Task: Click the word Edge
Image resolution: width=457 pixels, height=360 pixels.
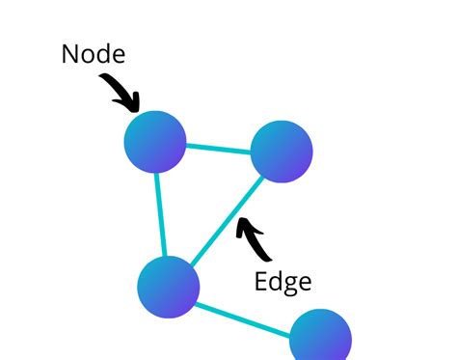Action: click(x=282, y=281)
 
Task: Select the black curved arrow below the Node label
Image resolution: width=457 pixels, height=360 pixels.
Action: click(x=120, y=91)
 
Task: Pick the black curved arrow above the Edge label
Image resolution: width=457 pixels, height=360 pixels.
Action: click(x=254, y=240)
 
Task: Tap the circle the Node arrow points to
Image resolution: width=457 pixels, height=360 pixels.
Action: click(x=155, y=142)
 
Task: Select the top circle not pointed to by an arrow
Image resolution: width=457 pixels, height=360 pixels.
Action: click(x=282, y=152)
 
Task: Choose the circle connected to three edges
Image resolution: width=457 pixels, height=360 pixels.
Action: click(x=169, y=287)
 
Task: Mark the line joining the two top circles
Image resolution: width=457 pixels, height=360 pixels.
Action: click(x=218, y=148)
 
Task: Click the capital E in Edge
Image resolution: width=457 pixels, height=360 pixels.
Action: click(x=261, y=281)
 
